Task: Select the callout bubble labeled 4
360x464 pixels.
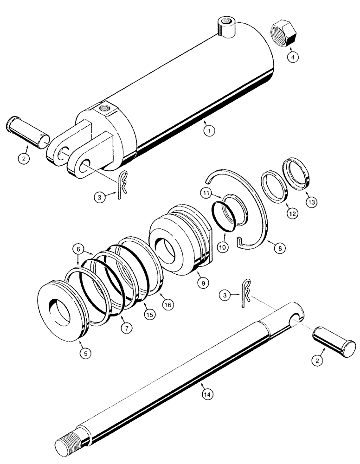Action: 292,57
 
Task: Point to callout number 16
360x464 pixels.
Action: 167,304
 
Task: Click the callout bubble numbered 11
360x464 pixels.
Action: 207,192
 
